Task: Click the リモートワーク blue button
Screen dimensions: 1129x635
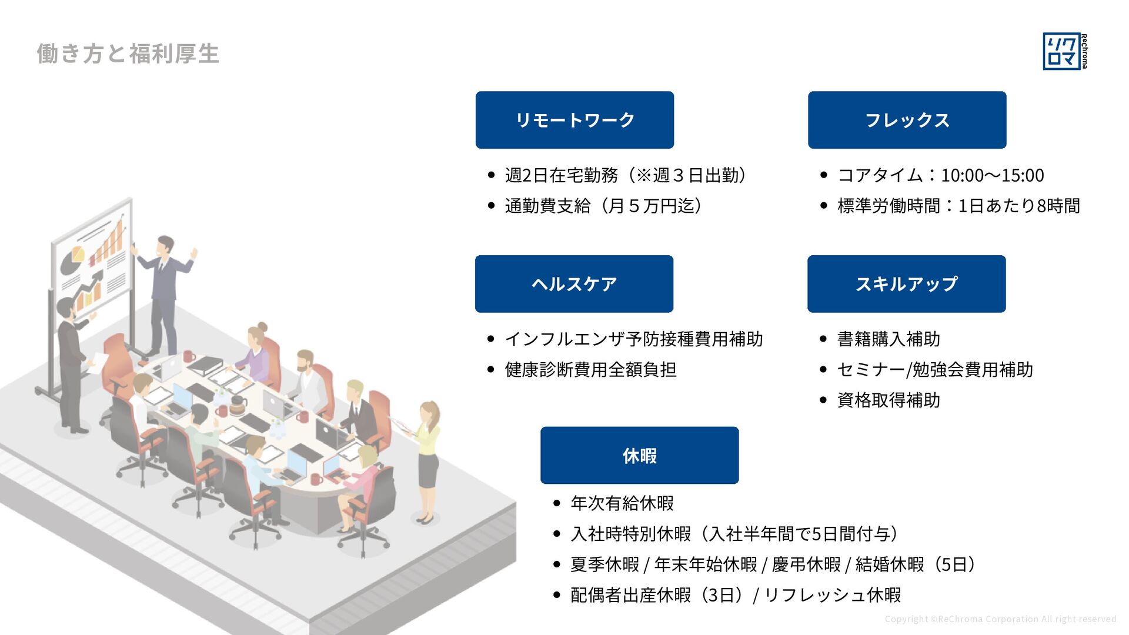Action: (x=574, y=120)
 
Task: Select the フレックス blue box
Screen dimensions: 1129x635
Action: (x=907, y=120)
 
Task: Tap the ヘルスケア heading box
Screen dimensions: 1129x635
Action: (x=574, y=284)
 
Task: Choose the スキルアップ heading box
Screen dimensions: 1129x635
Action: (x=906, y=284)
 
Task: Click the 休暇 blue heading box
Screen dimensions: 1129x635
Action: (x=639, y=456)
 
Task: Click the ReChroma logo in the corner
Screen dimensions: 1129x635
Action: (x=1064, y=52)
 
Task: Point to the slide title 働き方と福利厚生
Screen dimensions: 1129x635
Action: (x=128, y=54)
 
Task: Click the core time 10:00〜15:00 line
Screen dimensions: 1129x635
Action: (x=940, y=175)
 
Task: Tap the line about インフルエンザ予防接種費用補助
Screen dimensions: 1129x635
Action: (x=633, y=339)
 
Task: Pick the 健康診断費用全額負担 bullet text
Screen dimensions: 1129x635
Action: (x=590, y=370)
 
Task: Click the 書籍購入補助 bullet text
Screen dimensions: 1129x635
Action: (x=888, y=339)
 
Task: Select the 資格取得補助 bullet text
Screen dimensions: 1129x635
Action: (x=888, y=400)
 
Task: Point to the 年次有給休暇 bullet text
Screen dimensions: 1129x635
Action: (x=622, y=503)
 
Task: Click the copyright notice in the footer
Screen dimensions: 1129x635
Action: (x=1000, y=619)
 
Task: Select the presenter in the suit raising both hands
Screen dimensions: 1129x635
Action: (x=165, y=294)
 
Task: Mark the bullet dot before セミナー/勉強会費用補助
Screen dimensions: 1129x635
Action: (x=823, y=370)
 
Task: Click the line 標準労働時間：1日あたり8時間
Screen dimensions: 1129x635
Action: (x=958, y=206)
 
